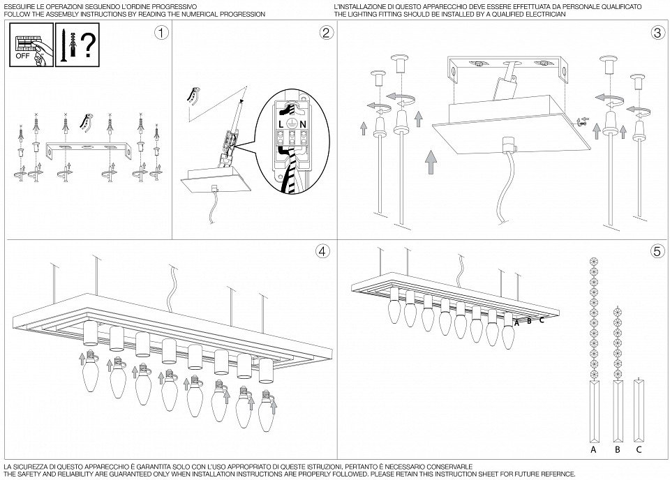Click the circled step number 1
[161, 33]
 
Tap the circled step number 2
[326, 33]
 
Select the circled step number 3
[656, 33]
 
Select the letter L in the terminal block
[281, 123]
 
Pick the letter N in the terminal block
[305, 123]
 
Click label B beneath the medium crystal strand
[617, 451]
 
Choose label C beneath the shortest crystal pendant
[639, 451]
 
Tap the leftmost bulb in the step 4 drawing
[89, 377]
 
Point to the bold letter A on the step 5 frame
[517, 322]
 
